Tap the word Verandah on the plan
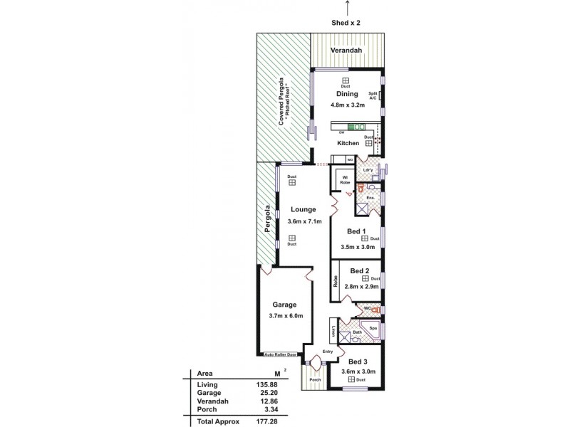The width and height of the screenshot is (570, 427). [x=347, y=51]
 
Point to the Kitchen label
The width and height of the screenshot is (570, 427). [x=348, y=144]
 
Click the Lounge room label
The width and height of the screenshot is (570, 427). [x=304, y=209]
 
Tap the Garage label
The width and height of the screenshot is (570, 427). [x=284, y=305]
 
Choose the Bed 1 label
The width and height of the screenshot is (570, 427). [x=357, y=232]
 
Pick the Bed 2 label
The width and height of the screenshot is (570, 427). [x=359, y=270]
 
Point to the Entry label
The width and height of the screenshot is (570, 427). [x=328, y=352]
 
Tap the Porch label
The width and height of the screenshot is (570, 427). [x=314, y=379]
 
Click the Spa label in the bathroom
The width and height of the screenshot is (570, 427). [x=372, y=329]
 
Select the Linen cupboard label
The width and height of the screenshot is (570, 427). [x=333, y=331]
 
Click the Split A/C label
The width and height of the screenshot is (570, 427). [x=372, y=96]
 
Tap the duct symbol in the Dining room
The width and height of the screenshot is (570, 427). [x=346, y=80]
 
